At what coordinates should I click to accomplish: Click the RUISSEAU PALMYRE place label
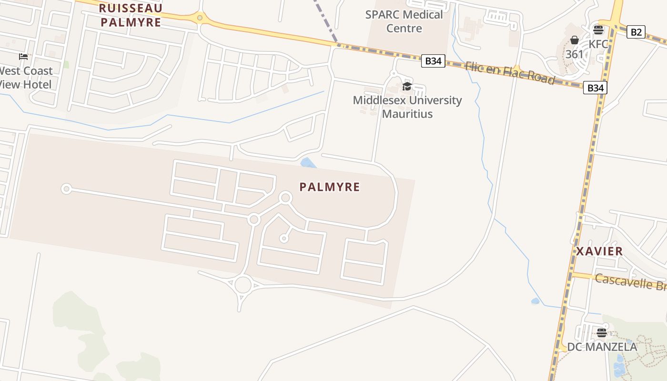(131, 15)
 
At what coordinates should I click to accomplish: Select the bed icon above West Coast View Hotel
(23, 57)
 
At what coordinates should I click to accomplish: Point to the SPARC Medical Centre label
(404, 21)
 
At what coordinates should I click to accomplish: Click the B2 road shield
(636, 32)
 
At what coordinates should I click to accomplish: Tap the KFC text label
(598, 44)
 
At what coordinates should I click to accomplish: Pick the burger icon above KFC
(598, 30)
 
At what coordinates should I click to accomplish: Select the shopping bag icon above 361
(575, 40)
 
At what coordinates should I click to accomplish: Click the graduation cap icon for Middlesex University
(407, 86)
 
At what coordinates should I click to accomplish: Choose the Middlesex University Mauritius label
(407, 107)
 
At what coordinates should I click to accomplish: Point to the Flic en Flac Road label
(510, 73)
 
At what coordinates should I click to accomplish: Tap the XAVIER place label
(599, 251)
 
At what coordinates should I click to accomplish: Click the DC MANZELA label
(602, 347)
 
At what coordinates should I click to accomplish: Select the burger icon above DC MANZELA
(602, 332)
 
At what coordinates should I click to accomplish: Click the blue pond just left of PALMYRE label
(308, 163)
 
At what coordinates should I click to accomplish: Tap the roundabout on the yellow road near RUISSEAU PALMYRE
(200, 18)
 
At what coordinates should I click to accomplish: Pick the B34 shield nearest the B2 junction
(595, 88)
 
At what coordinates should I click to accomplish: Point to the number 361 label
(574, 54)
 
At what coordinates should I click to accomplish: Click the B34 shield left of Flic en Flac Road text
(433, 61)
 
